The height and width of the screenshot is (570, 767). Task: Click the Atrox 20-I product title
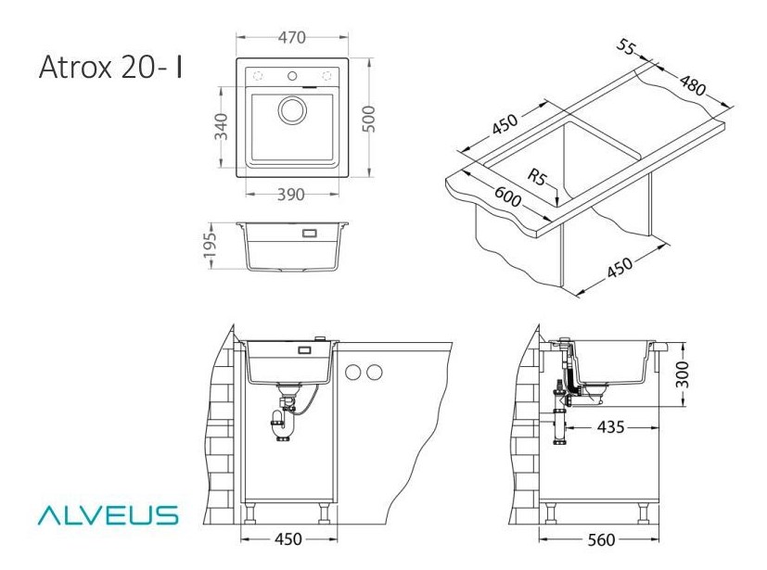110,67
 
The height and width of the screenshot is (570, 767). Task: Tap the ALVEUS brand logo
109,515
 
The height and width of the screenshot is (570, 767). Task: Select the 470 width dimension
292,38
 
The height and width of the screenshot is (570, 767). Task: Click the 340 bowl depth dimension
222,126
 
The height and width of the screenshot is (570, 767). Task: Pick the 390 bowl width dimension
291,195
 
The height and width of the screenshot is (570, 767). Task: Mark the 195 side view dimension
210,246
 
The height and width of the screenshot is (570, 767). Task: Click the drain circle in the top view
293,110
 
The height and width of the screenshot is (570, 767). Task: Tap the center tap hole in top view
292,76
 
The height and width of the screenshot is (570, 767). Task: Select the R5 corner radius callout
537,176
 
